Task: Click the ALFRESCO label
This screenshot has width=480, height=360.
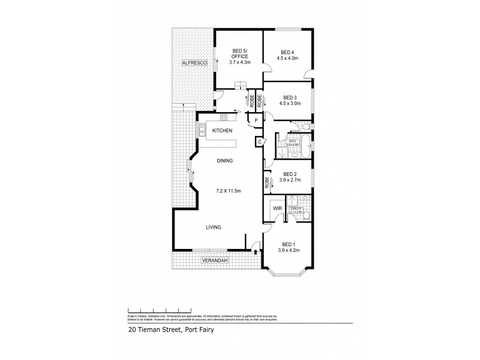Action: (x=194, y=62)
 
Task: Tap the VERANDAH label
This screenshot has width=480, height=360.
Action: (x=214, y=261)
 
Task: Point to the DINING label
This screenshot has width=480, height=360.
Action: (x=225, y=161)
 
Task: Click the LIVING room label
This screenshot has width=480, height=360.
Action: (x=214, y=227)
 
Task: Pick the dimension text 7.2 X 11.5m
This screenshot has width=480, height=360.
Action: (x=229, y=191)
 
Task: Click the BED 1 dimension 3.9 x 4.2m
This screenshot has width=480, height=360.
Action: (x=288, y=250)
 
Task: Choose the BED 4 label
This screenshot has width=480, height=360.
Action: (x=287, y=52)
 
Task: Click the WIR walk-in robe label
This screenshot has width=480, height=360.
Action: (x=277, y=208)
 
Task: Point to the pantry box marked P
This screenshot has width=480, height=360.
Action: (x=256, y=121)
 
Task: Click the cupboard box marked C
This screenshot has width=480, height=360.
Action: (x=260, y=142)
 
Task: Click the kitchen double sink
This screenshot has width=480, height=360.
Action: (x=202, y=130)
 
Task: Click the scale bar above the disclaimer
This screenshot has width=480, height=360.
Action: (x=160, y=310)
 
